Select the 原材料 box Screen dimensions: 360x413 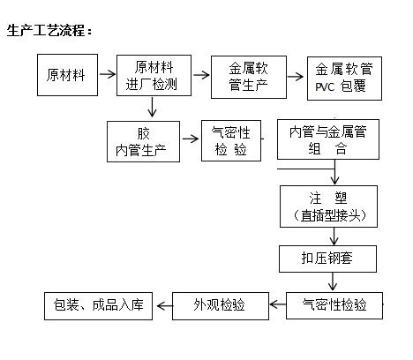(66, 75)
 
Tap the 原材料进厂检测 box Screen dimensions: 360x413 (154, 75)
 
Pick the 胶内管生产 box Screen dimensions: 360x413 (143, 141)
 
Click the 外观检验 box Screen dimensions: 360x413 (219, 306)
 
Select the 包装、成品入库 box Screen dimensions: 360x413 (98, 306)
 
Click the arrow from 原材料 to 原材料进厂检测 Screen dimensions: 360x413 (106, 75)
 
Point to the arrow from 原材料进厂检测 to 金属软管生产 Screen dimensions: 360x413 (201, 75)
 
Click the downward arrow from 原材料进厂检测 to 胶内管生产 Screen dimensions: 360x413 (153, 109)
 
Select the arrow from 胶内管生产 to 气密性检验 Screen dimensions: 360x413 (191, 139)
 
